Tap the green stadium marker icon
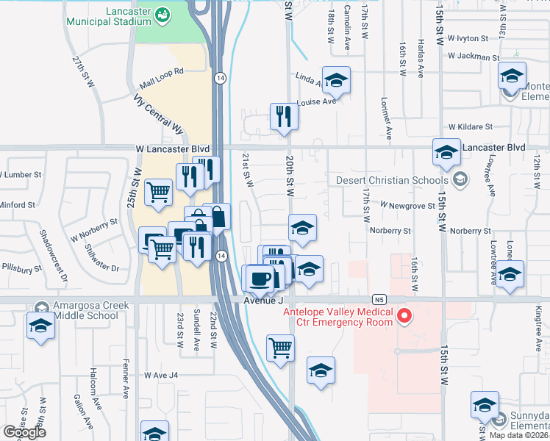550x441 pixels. [163, 13]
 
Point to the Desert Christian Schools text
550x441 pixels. [391, 180]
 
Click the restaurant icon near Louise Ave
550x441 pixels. [283, 116]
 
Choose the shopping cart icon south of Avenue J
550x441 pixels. [281, 347]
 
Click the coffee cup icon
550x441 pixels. [259, 279]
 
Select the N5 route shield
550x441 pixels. [379, 299]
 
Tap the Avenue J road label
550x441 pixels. [262, 300]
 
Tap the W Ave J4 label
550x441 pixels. [161, 375]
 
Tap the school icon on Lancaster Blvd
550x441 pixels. [446, 151]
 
